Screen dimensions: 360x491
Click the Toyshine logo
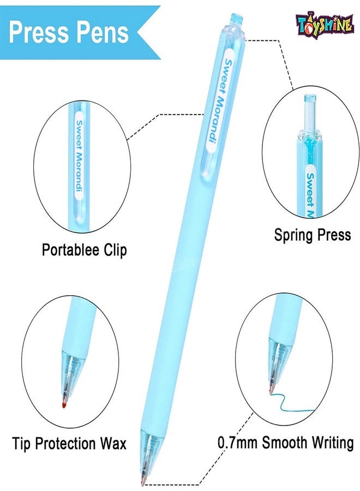(325, 25)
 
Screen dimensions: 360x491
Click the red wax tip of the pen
(64, 405)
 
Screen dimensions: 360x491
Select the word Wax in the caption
(113, 444)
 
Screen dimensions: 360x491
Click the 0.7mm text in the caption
(237, 443)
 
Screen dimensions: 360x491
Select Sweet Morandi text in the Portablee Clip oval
(80, 155)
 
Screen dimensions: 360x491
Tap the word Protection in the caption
(67, 444)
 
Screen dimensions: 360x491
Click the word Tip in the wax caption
(22, 444)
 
